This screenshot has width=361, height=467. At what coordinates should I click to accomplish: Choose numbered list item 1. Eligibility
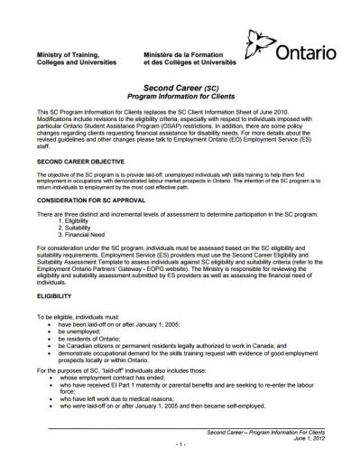[97, 219]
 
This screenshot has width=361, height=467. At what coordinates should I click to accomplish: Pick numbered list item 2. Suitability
[97, 225]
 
